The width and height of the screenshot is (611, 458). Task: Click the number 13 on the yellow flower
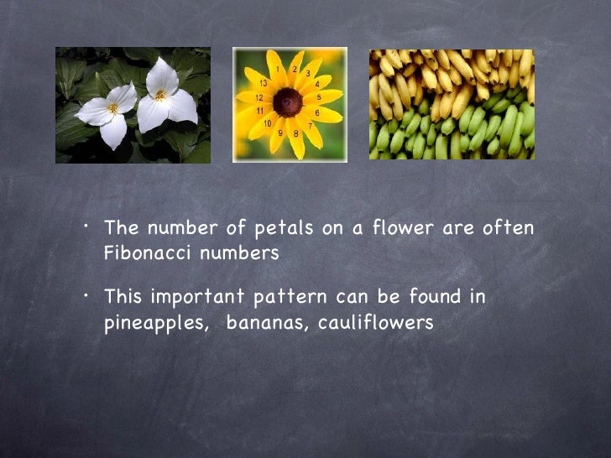[263, 83]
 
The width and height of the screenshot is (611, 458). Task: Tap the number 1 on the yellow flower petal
[292, 67]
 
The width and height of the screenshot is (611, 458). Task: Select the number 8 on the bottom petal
[295, 133]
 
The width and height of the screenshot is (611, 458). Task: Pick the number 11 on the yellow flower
[259, 110]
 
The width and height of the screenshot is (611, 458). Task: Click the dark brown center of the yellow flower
[289, 102]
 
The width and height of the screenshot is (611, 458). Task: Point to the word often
[510, 228]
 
